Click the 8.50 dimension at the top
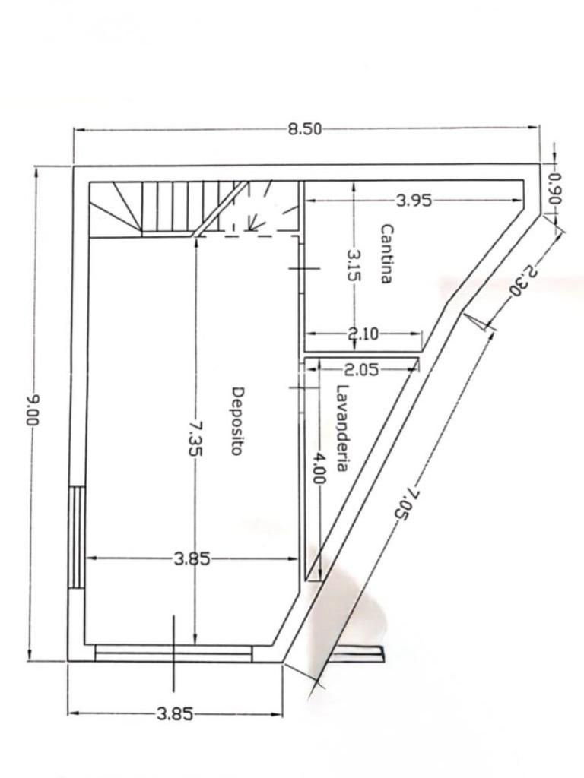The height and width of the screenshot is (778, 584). pyautogui.click(x=304, y=130)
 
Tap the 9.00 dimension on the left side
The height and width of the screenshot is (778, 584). pyautogui.click(x=33, y=410)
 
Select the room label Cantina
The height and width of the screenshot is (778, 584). pyautogui.click(x=386, y=254)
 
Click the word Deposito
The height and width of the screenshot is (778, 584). pyautogui.click(x=238, y=421)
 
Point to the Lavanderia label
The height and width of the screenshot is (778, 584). pyautogui.click(x=341, y=428)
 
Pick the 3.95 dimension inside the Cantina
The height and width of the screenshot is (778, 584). pyautogui.click(x=414, y=201)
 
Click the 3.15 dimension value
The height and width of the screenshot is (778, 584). pyautogui.click(x=353, y=265)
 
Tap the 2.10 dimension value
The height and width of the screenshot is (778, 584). pyautogui.click(x=363, y=334)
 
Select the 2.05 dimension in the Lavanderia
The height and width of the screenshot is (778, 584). pyautogui.click(x=361, y=370)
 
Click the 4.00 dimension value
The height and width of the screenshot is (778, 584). pyautogui.click(x=319, y=468)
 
